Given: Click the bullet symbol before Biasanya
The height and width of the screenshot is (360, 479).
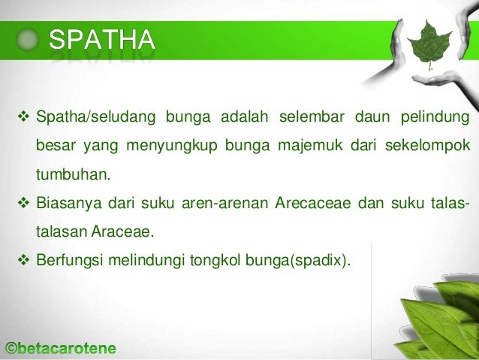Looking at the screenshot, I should tap(23, 204).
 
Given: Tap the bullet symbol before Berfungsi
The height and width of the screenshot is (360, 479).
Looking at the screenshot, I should tap(23, 262).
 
